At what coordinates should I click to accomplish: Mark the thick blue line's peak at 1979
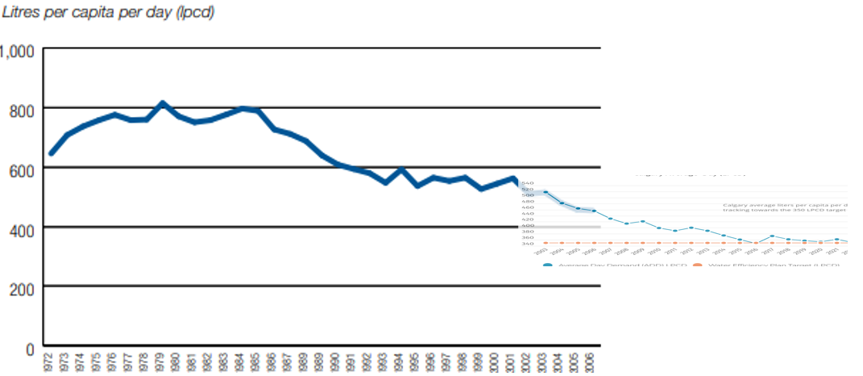point(163,103)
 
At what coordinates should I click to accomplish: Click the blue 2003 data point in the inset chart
point(546,192)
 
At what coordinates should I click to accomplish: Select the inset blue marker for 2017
point(772,236)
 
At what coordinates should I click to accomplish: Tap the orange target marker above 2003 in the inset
point(546,243)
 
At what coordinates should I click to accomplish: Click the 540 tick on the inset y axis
point(528,184)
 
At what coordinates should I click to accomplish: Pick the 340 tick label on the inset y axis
point(528,243)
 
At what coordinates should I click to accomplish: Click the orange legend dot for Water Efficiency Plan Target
point(697,265)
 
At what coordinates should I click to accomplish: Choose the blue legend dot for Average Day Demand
point(548,265)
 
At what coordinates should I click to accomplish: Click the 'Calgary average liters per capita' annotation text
point(784,205)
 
